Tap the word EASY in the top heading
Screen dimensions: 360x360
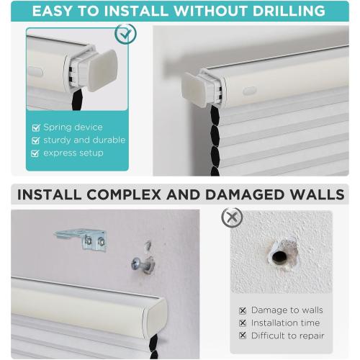[59, 11]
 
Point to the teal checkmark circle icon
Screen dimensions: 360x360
[125, 35]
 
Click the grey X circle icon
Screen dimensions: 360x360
[232, 217]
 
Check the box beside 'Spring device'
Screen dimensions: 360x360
[36, 127]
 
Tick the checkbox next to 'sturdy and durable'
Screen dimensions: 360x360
[36, 140]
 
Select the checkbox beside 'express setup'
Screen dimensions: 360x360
[36, 153]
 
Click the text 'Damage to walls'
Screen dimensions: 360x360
[287, 310]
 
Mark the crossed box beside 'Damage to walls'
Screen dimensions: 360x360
[243, 310]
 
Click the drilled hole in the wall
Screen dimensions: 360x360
[279, 252]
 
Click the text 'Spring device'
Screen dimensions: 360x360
[73, 127]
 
